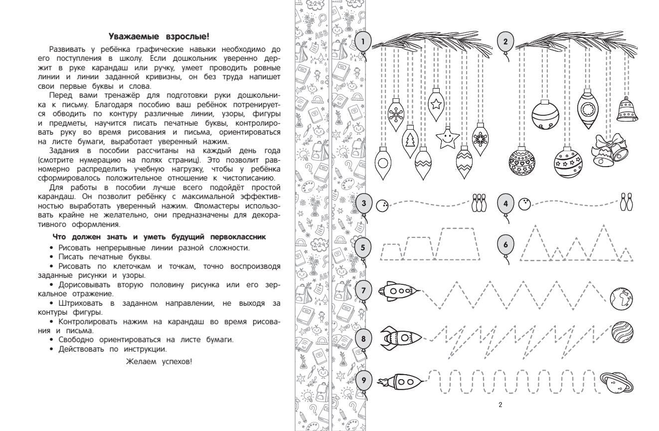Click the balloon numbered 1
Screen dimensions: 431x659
point(364,41)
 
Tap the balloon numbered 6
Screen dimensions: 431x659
point(505,245)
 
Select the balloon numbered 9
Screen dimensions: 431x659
point(364,381)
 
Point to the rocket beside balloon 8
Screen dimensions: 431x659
point(401,338)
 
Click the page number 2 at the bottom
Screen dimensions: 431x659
point(500,405)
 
